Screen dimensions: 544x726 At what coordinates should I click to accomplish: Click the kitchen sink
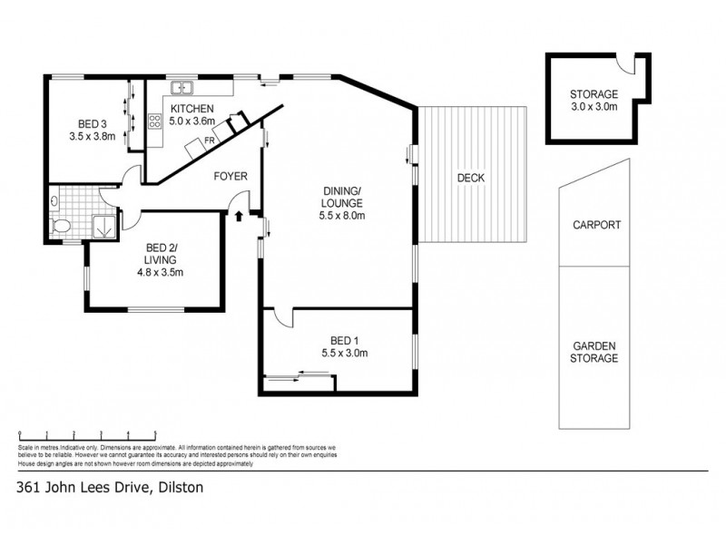click(x=182, y=88)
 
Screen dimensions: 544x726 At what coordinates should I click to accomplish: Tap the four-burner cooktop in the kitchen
click(x=154, y=119)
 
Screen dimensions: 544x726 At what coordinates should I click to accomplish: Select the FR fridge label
click(x=209, y=141)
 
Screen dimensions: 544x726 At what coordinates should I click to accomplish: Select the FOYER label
click(x=231, y=176)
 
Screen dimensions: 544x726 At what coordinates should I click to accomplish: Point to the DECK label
click(x=470, y=178)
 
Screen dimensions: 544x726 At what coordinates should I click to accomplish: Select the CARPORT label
click(x=595, y=226)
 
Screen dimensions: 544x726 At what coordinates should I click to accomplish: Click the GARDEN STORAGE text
click(x=595, y=352)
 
